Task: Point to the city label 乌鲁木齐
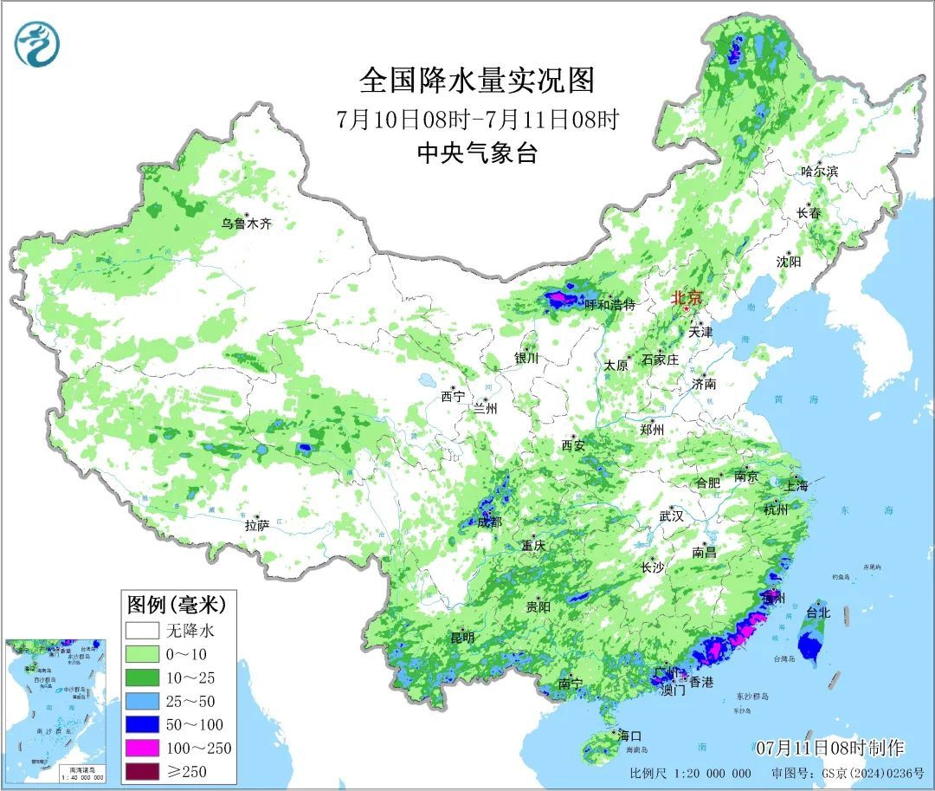tap(246, 224)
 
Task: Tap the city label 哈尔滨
tap(819, 172)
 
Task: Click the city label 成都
tap(489, 522)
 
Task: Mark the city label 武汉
tap(671, 515)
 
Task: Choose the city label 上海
tap(797, 486)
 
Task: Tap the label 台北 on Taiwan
tap(818, 612)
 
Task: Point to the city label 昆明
tap(461, 638)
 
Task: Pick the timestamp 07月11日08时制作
tap(829, 748)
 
